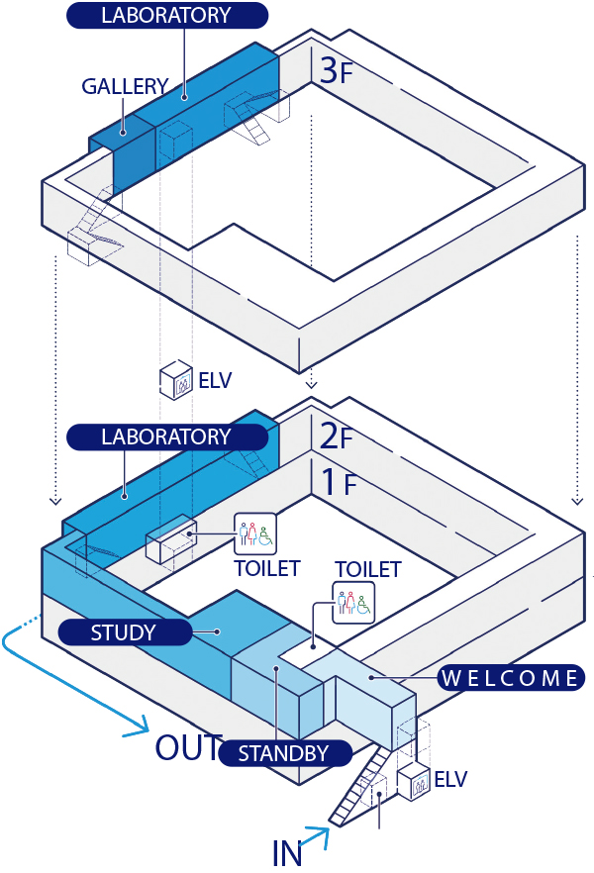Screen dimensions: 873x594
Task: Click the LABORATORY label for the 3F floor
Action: [166, 15]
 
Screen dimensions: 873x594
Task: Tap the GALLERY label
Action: [125, 86]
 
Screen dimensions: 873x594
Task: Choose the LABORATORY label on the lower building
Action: [165, 436]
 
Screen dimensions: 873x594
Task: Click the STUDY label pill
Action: [124, 631]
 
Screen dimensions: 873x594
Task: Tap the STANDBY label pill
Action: [284, 753]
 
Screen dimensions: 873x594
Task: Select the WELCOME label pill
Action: [510, 678]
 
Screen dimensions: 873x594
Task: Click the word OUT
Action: [186, 747]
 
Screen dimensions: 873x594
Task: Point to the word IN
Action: [288, 851]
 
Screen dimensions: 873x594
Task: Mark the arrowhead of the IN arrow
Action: [326, 833]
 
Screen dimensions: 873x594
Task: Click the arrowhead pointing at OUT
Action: [141, 733]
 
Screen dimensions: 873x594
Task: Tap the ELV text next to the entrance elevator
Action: [449, 778]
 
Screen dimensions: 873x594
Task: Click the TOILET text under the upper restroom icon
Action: [266, 568]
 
